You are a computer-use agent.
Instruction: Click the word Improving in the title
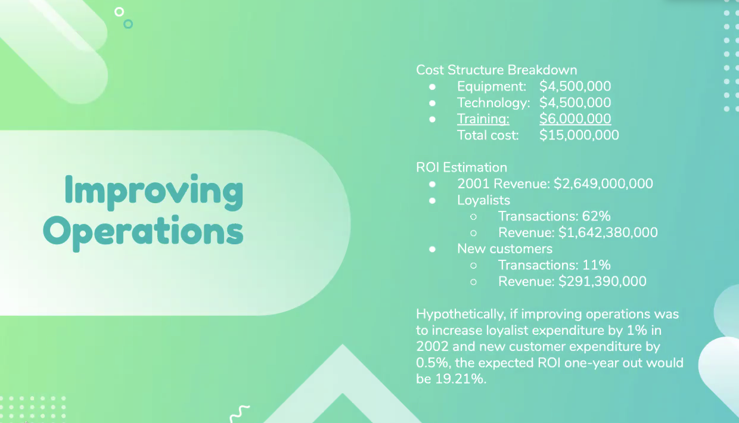(154, 192)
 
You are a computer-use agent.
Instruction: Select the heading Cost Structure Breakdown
(496, 70)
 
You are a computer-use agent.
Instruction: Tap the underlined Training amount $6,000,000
(575, 119)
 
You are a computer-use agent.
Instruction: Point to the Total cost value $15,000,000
(579, 135)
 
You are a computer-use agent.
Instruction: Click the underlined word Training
(483, 119)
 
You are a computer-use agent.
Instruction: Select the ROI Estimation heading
(461, 167)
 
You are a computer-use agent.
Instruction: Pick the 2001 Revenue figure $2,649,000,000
(603, 183)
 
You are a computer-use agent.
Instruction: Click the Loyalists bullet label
(484, 200)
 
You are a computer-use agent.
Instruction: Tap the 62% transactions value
(596, 216)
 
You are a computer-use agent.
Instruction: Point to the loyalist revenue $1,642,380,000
(608, 232)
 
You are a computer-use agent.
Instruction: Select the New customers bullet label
(505, 248)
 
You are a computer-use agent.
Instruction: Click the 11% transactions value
(596, 265)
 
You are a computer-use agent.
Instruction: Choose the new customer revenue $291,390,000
(602, 281)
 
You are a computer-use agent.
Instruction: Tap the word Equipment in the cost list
(492, 86)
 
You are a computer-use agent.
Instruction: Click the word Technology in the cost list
(493, 103)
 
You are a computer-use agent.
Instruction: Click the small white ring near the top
(119, 12)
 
